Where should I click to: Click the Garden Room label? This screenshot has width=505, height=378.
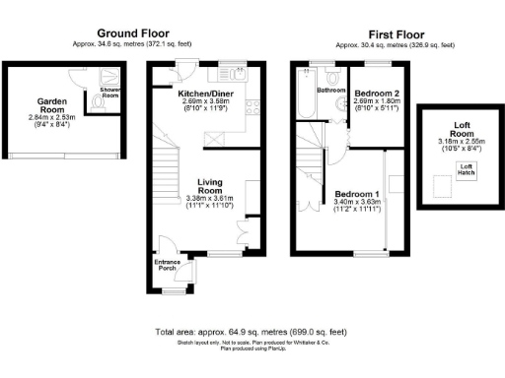tap(50, 101)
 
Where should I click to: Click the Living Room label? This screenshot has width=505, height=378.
tap(212, 182)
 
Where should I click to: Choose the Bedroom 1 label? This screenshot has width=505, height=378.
tap(353, 193)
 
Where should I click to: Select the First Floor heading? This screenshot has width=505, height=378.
tap(396, 32)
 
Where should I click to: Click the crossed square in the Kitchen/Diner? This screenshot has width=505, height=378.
tap(211, 140)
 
